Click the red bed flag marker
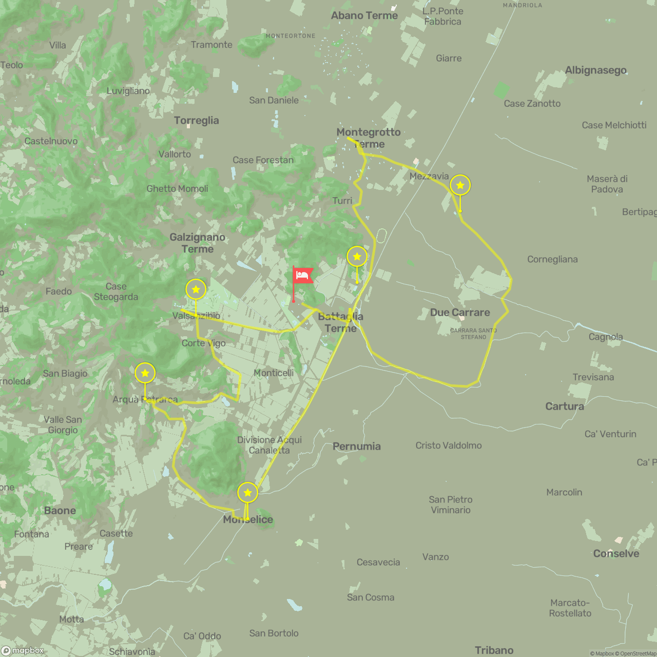point(302,276)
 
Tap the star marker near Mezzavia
point(460,185)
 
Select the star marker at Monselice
point(247,493)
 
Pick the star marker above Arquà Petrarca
point(145,373)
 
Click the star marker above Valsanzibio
point(196,290)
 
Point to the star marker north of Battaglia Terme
point(357,257)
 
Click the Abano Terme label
point(364,15)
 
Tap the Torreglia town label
point(196,121)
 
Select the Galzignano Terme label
point(198,243)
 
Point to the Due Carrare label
point(460,312)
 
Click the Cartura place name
point(565,406)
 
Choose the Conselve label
point(616,553)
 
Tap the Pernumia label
point(356,446)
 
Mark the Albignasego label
point(595,70)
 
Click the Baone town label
point(60,510)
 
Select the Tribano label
point(494,650)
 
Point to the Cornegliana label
point(552,259)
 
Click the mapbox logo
point(23,650)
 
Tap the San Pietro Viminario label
point(451,505)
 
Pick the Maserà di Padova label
point(607,184)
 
